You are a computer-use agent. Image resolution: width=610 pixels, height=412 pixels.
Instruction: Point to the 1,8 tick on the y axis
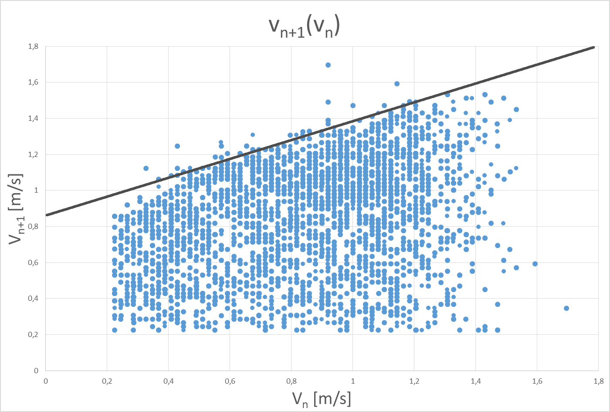[x=34, y=46]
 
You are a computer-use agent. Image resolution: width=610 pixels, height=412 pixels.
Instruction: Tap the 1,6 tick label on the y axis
[x=34, y=82]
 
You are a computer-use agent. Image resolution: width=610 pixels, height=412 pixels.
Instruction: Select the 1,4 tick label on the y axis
[x=34, y=118]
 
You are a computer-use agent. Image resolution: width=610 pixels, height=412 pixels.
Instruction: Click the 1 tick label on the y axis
[x=36, y=190]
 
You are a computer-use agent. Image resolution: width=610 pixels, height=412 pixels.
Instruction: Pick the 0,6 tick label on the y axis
[x=34, y=262]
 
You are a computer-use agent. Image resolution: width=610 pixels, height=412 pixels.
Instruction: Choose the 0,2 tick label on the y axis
[x=34, y=334]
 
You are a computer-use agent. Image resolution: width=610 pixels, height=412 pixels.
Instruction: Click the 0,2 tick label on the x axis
[x=107, y=381]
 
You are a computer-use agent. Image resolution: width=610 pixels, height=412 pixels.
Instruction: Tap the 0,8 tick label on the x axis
[x=291, y=381]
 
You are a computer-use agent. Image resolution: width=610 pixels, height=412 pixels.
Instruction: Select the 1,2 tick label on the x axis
[x=414, y=381]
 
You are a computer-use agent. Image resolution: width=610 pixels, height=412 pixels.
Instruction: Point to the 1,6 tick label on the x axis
[x=537, y=381]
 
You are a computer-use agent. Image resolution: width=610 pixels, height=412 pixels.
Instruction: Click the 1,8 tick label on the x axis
[x=598, y=381]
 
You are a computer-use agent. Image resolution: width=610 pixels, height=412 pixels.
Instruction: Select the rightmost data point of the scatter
[x=566, y=308]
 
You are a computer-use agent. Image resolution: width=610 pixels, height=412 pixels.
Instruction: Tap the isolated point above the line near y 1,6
[x=397, y=84]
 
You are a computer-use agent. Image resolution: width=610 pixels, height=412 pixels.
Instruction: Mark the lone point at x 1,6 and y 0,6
[x=535, y=264]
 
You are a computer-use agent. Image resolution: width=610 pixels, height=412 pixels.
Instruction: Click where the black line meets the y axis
[x=46, y=215]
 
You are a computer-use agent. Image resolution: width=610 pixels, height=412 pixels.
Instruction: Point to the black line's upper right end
[x=593, y=47]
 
